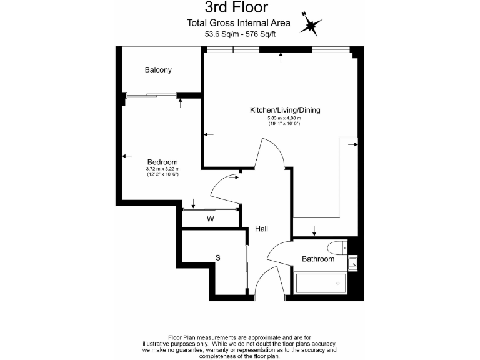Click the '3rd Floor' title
tap(237, 8)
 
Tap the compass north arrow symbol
tap(311, 25)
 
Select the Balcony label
tap(158, 70)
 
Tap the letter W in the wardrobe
tap(211, 219)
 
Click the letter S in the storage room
tap(218, 257)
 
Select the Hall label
tap(261, 229)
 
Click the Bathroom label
tap(318, 259)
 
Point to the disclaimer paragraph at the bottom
tap(239, 347)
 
